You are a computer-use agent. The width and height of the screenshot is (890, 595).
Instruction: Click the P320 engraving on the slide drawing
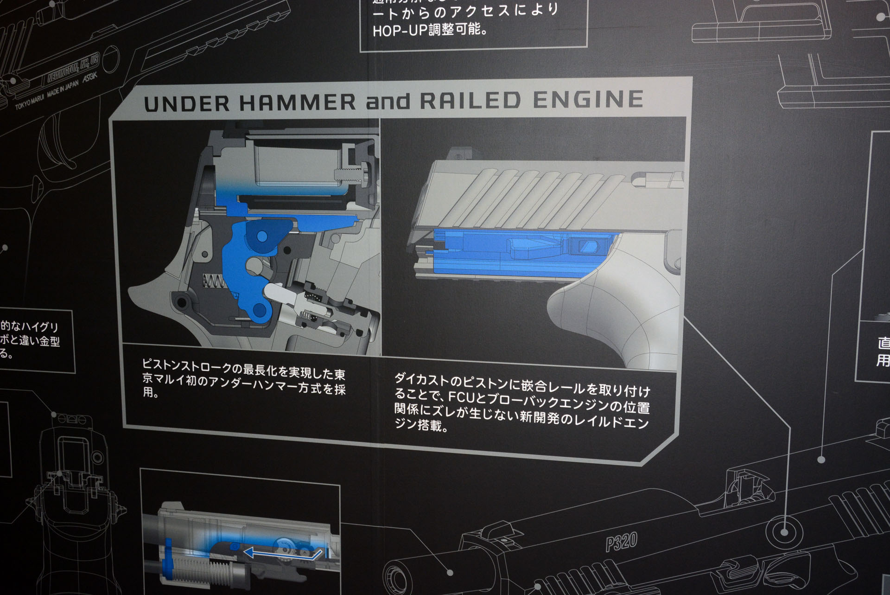pyautogui.click(x=621, y=541)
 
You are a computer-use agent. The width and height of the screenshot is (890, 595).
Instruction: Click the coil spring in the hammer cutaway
pyautogui.click(x=213, y=280)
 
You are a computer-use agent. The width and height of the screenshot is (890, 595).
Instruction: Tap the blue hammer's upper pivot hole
pyautogui.click(x=261, y=237)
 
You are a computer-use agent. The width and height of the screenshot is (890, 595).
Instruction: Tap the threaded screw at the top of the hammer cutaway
pyautogui.click(x=350, y=174)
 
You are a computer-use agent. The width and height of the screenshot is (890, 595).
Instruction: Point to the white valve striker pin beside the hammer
pyautogui.click(x=278, y=293)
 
